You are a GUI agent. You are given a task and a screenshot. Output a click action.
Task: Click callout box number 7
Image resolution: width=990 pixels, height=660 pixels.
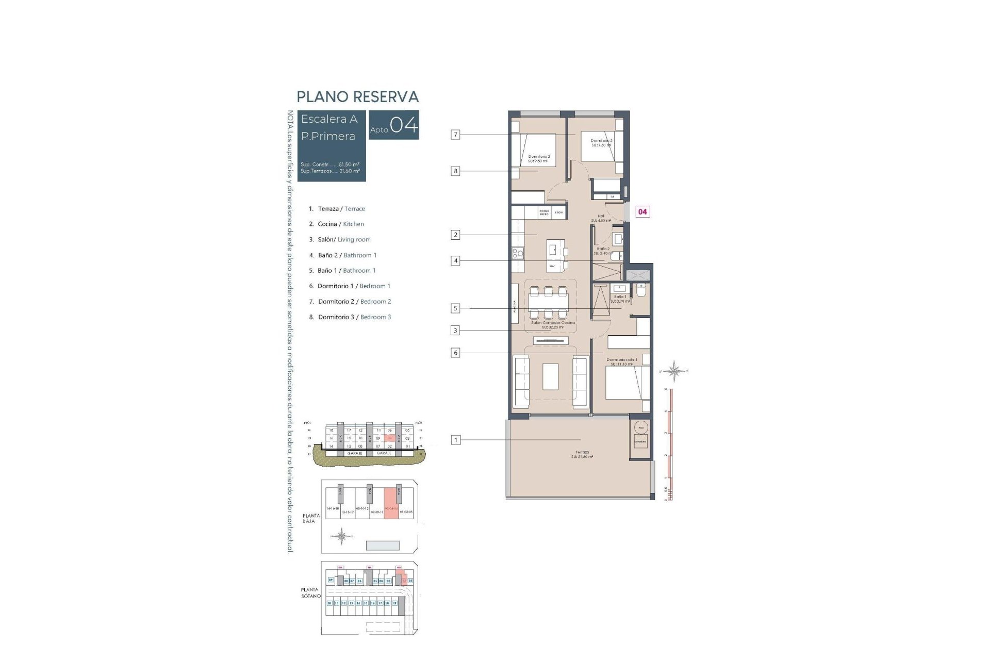(x=455, y=135)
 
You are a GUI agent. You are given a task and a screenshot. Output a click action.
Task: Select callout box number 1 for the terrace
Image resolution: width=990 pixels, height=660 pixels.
(x=455, y=440)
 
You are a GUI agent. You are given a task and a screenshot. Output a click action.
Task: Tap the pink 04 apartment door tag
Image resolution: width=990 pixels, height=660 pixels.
(x=642, y=211)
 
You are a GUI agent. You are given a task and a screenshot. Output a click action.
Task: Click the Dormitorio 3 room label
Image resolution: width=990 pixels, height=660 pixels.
(x=538, y=158)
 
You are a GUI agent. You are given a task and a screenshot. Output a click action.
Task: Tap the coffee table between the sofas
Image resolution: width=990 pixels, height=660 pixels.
(x=550, y=376)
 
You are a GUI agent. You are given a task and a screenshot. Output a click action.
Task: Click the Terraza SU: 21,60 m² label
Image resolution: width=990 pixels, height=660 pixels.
(x=582, y=454)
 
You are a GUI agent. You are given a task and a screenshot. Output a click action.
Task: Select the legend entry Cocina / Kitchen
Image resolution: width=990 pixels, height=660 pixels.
(x=340, y=224)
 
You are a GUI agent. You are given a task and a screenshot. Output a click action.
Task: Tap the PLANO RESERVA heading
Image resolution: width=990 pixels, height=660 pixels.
(x=357, y=97)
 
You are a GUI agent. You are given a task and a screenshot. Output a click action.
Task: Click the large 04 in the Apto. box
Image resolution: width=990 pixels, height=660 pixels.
(x=403, y=125)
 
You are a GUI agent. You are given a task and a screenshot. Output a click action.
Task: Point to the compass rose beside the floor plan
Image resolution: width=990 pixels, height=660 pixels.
(x=673, y=371)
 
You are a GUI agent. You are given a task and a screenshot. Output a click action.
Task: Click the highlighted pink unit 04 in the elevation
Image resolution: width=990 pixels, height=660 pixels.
(x=390, y=438)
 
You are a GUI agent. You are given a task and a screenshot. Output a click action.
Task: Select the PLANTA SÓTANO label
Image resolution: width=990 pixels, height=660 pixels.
(x=310, y=592)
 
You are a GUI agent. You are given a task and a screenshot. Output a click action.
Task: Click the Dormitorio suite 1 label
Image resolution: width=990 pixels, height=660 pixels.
(x=621, y=361)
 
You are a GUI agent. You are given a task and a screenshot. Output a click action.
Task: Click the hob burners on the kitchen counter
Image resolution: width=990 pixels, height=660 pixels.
(x=517, y=253)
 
